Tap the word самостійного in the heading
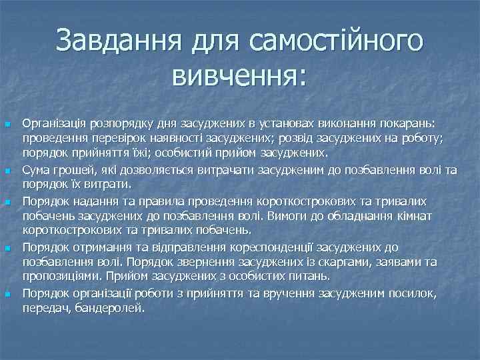click(335, 43)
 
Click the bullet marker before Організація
click(7, 125)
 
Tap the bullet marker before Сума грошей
click(7, 171)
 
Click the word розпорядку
click(108, 124)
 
